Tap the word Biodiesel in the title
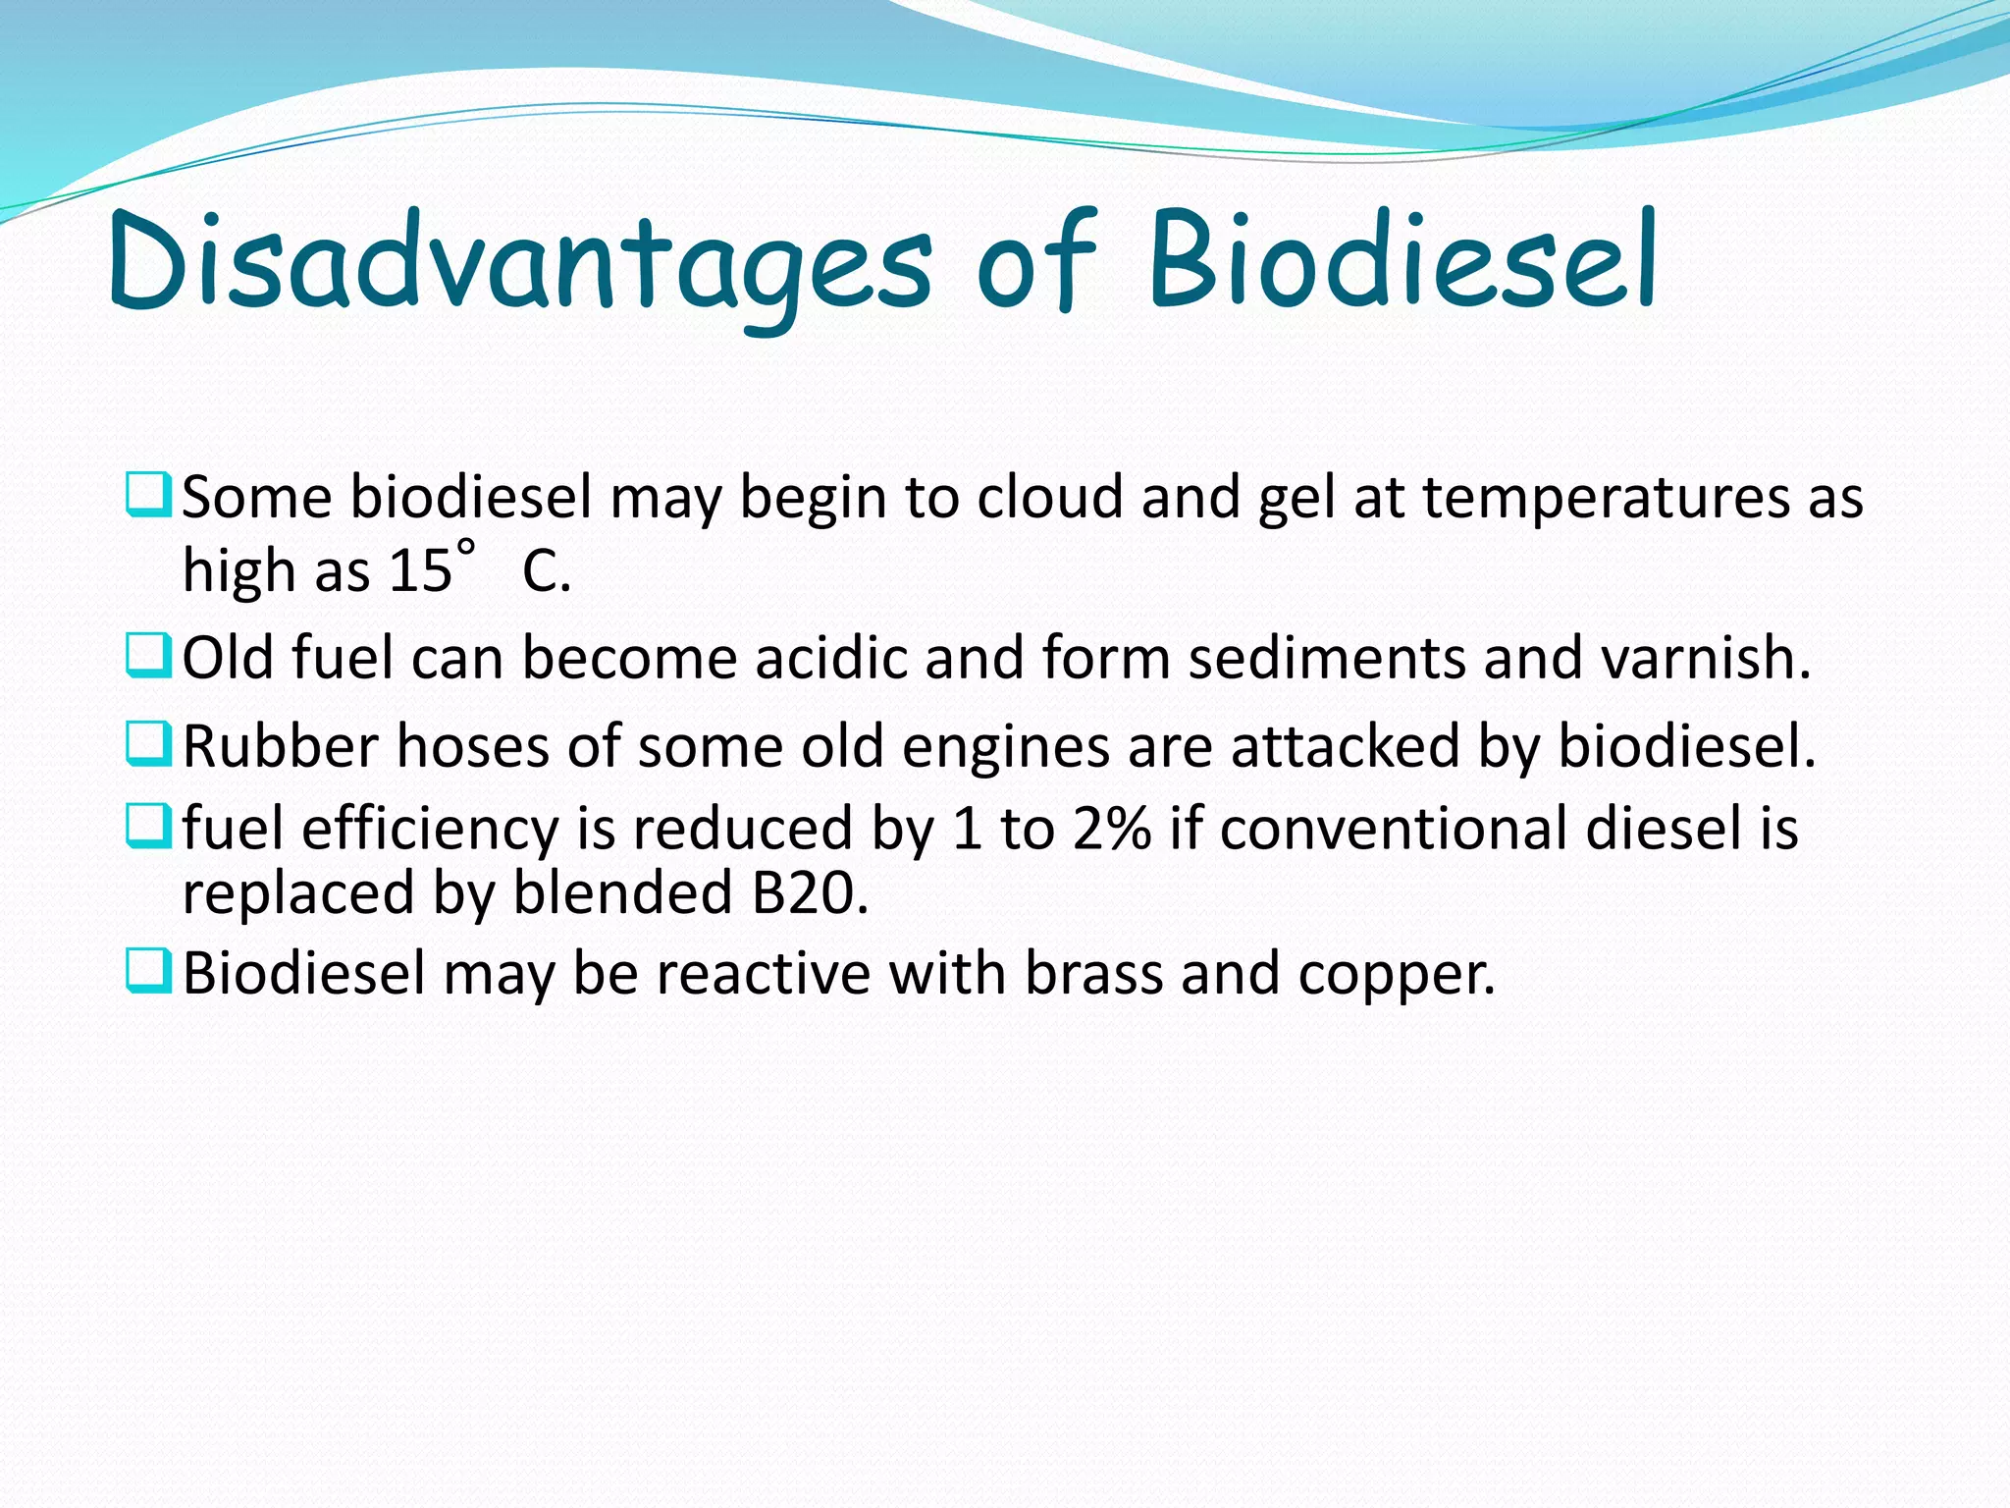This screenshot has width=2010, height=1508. click(1402, 259)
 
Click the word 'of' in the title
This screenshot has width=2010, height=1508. click(1035, 259)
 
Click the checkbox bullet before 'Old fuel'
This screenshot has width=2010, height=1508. click(148, 655)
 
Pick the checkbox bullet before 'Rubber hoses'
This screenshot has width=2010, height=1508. click(148, 743)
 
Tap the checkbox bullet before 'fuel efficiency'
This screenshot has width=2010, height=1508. click(148, 826)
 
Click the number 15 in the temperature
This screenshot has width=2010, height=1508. click(420, 570)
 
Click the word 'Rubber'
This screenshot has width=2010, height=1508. click(280, 746)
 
